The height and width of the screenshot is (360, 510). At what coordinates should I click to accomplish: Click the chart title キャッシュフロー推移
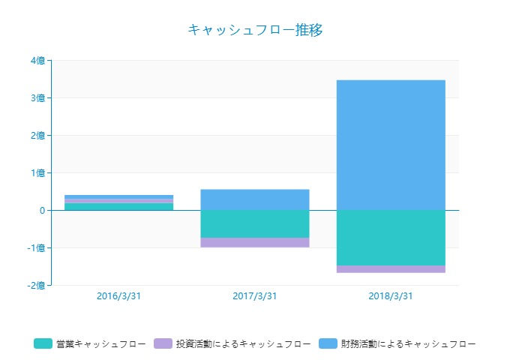coord(255,30)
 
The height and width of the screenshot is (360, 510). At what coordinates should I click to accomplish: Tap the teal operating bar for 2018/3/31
coord(391,238)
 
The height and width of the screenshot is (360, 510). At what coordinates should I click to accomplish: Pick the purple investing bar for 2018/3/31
coord(391,268)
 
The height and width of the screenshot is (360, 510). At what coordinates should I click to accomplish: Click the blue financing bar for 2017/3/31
coord(255,199)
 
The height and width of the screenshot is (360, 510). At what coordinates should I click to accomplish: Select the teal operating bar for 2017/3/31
coord(255,223)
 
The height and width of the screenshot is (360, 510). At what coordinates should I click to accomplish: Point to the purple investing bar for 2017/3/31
coord(255,242)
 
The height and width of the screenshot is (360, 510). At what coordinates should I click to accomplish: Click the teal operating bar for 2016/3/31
coord(118,206)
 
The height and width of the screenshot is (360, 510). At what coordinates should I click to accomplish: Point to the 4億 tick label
coord(37,61)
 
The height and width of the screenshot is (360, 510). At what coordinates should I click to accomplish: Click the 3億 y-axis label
coord(37,98)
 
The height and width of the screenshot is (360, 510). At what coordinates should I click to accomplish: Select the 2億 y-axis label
coord(37,136)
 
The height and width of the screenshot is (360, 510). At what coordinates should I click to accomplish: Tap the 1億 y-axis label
coord(37,173)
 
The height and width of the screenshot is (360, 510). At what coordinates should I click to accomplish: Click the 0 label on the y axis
coord(43,211)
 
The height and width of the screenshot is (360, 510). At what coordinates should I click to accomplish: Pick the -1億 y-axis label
coord(35,248)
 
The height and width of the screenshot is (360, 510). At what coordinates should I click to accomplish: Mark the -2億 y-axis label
coord(35,286)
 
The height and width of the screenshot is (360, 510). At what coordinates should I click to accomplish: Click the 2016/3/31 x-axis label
coord(118,295)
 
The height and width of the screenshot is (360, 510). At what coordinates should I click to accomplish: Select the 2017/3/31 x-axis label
coord(255,295)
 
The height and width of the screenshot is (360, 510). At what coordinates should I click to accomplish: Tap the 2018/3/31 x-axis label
coord(391,295)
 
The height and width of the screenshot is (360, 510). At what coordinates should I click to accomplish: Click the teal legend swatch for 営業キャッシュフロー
coord(43,343)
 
